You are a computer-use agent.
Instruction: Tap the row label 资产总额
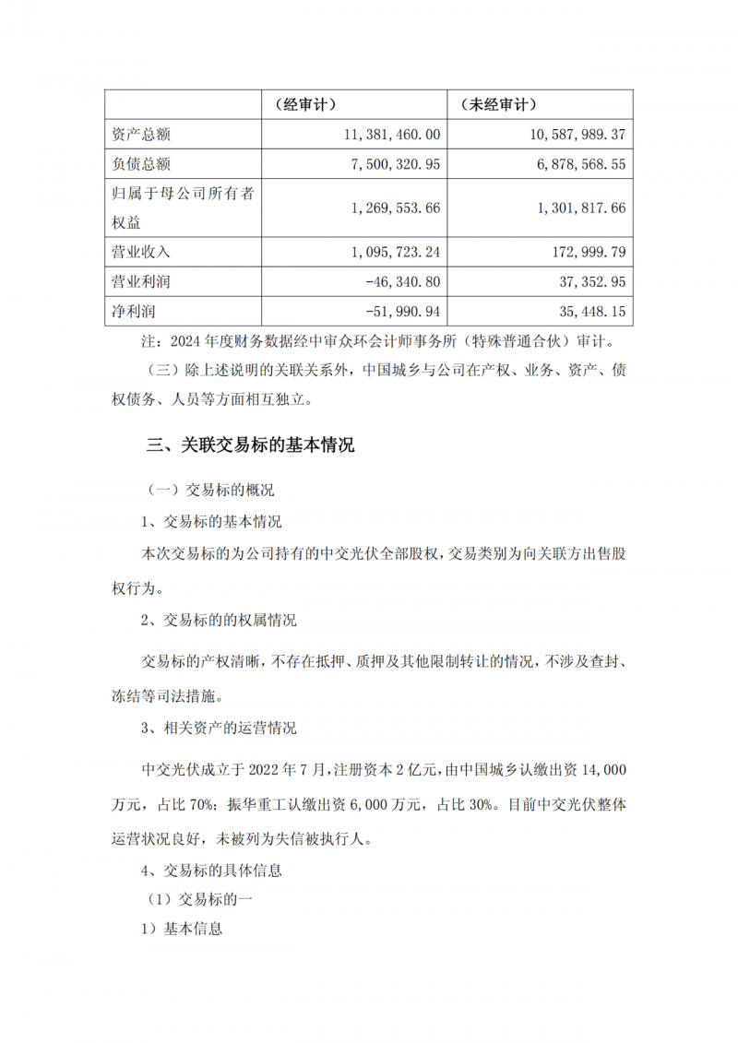(136, 135)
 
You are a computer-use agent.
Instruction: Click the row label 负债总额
(136, 164)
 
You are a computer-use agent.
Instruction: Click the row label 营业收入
(136, 251)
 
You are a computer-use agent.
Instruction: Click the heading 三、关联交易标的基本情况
(251, 445)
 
